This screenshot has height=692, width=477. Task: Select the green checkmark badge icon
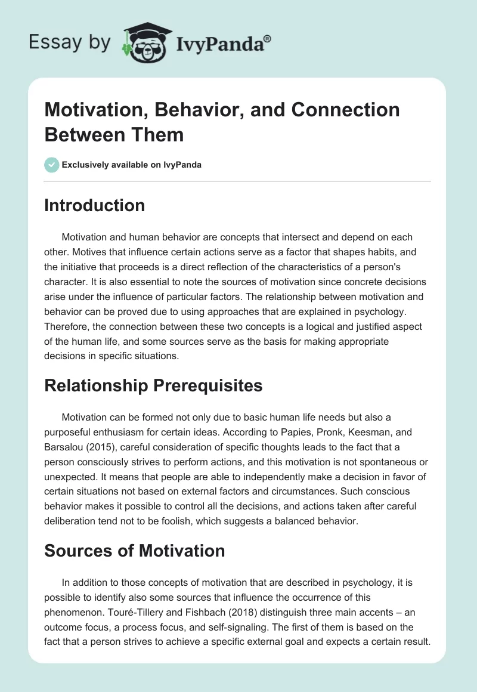[x=52, y=165]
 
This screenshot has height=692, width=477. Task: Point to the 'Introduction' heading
[x=95, y=206]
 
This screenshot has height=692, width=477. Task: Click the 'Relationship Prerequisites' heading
[x=153, y=386]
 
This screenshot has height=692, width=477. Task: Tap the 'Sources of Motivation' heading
[x=135, y=551]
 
